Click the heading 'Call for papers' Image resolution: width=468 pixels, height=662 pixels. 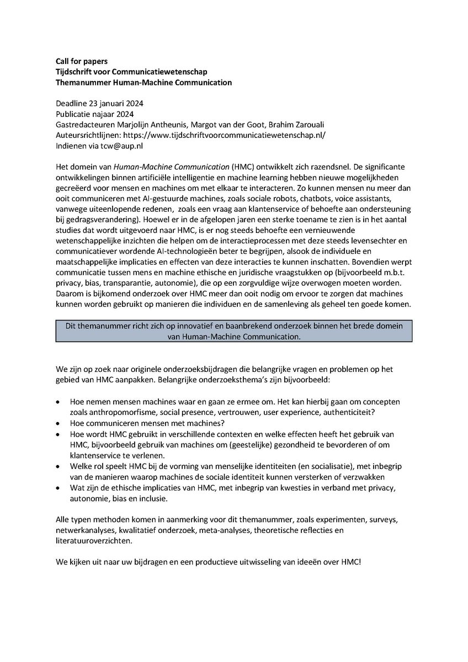click(x=81, y=61)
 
